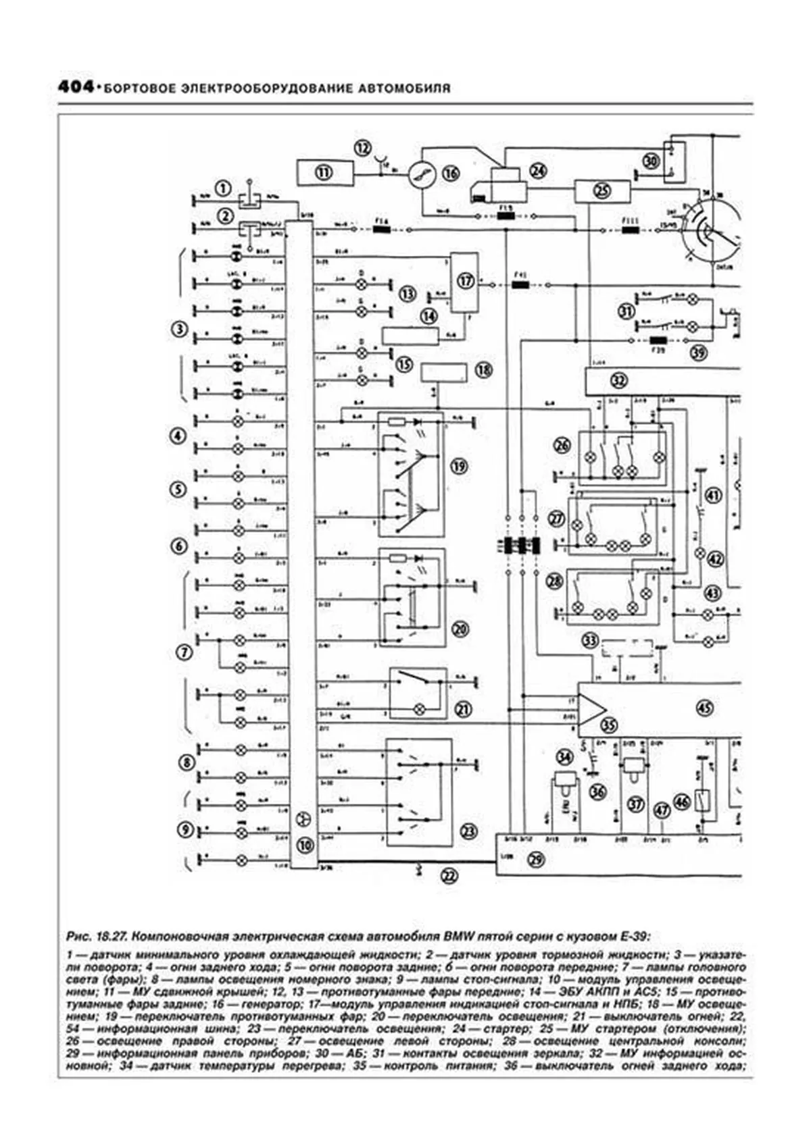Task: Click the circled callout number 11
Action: coord(325,173)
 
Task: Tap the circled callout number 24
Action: coord(537,172)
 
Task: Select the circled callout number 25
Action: coord(601,191)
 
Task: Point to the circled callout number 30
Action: coord(651,161)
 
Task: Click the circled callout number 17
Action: coord(466,280)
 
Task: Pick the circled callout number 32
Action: coord(619,381)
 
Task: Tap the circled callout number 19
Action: coord(460,466)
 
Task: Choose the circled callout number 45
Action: coord(705,708)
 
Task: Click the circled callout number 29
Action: coord(536,860)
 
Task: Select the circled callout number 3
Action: coord(178,330)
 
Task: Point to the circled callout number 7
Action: coord(183,652)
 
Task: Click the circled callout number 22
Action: coord(449,876)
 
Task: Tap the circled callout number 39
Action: coord(697,353)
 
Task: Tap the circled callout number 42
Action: coord(714,559)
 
